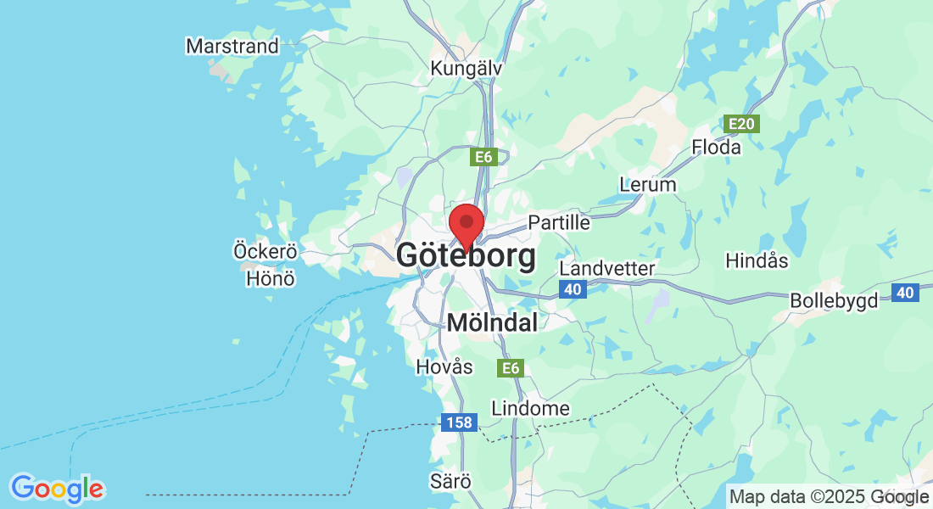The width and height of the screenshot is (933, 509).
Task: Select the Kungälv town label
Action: pos(466,68)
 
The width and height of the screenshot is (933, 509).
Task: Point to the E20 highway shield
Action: pos(741,125)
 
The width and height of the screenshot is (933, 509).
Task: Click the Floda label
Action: pos(716,147)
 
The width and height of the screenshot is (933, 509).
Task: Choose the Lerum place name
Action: pos(648,184)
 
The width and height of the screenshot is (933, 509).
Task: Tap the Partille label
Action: pos(558,222)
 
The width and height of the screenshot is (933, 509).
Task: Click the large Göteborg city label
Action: pos(466,255)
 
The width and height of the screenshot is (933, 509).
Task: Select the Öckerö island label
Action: pos(265,251)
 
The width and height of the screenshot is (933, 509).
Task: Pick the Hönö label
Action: pos(270,277)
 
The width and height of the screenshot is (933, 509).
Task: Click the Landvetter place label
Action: pos(607,268)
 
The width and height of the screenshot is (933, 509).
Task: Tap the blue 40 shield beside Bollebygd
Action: pos(905,293)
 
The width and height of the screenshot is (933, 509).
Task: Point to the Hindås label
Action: pos(757,260)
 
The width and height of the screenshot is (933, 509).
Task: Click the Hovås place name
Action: pos(444,366)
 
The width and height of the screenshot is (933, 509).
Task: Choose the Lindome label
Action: pos(530,408)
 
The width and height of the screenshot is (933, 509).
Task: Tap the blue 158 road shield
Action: pos(459,422)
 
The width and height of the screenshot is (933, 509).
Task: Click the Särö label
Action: pos(450,481)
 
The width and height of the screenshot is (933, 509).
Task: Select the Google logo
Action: pos(57,489)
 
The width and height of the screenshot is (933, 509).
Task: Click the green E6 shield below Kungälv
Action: pos(483,156)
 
